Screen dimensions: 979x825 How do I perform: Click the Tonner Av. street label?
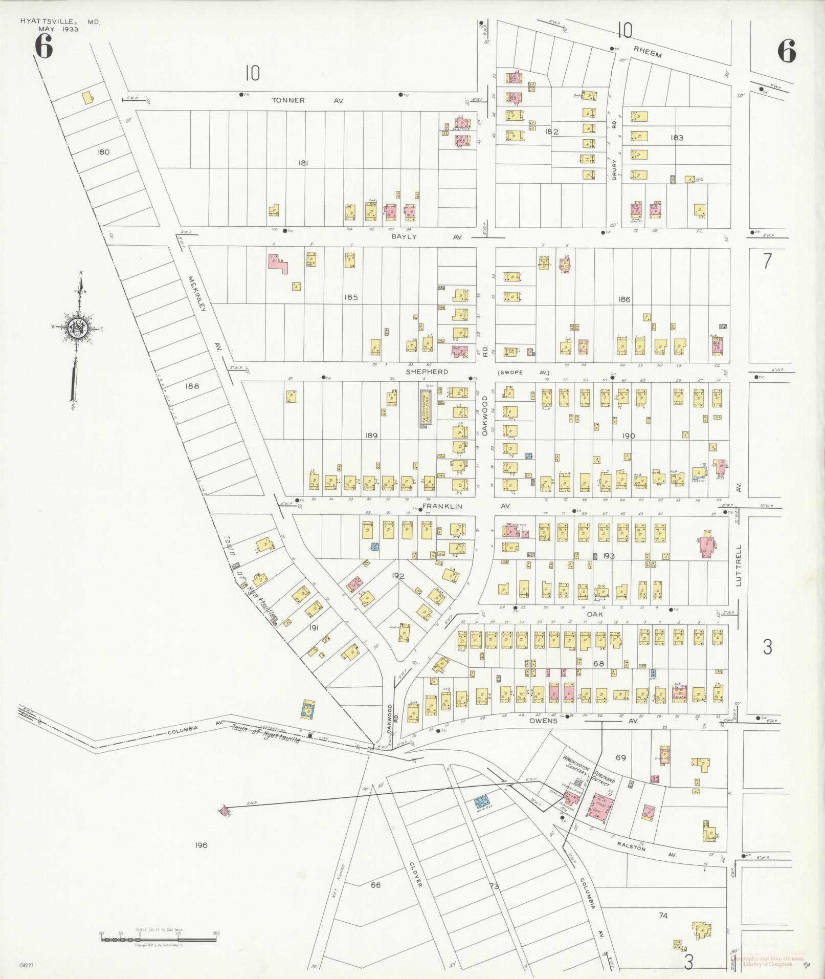[306, 101]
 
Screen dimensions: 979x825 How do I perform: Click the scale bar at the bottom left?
[159, 938]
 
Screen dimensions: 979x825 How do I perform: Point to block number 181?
[304, 163]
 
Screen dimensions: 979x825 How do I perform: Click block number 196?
[201, 845]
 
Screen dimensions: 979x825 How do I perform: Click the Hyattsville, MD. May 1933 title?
[60, 25]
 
